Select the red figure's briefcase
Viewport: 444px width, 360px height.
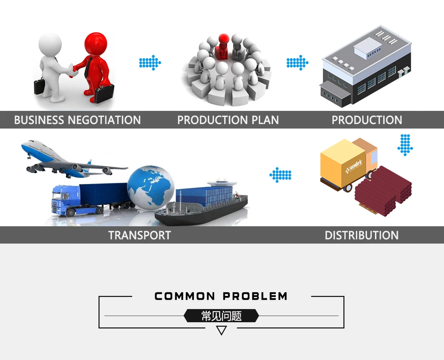[104, 93]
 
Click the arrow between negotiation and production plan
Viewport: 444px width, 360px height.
[150, 63]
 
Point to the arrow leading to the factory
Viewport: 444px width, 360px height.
[297, 63]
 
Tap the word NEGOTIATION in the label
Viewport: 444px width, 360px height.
[104, 120]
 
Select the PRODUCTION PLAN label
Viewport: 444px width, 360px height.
[228, 120]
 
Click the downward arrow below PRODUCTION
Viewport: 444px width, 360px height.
[405, 144]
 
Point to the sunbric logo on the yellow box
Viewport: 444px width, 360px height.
[354, 166]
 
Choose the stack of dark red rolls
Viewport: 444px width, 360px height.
[383, 191]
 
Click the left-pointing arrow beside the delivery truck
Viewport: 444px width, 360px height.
[281, 175]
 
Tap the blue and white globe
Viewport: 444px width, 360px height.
[151, 187]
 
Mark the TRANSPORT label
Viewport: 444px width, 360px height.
[139, 235]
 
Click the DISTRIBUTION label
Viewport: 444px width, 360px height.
[361, 235]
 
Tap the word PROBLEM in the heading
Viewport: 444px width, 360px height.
[255, 296]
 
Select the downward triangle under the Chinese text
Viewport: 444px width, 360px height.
[221, 330]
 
